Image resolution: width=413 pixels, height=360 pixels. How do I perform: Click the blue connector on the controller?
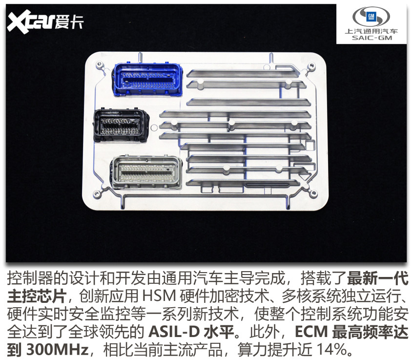(147, 79)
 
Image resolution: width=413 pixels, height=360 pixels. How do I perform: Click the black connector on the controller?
(121, 125)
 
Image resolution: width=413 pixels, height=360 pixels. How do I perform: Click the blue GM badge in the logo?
(371, 16)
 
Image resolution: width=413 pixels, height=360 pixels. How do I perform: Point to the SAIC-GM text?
(372, 38)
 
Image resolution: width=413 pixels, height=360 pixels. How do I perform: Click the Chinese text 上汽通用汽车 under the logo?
(372, 31)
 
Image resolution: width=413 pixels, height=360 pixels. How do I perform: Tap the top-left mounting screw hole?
(100, 64)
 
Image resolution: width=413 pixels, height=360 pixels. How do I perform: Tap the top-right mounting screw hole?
(311, 65)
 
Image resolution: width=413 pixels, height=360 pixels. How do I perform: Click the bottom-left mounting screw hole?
(97, 194)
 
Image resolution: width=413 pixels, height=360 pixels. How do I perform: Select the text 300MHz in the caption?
(58, 349)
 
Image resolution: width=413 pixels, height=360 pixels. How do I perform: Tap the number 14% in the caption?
(332, 349)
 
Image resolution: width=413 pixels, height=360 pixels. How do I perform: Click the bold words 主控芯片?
(36, 296)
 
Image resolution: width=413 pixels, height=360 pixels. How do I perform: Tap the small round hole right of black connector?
(154, 128)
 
